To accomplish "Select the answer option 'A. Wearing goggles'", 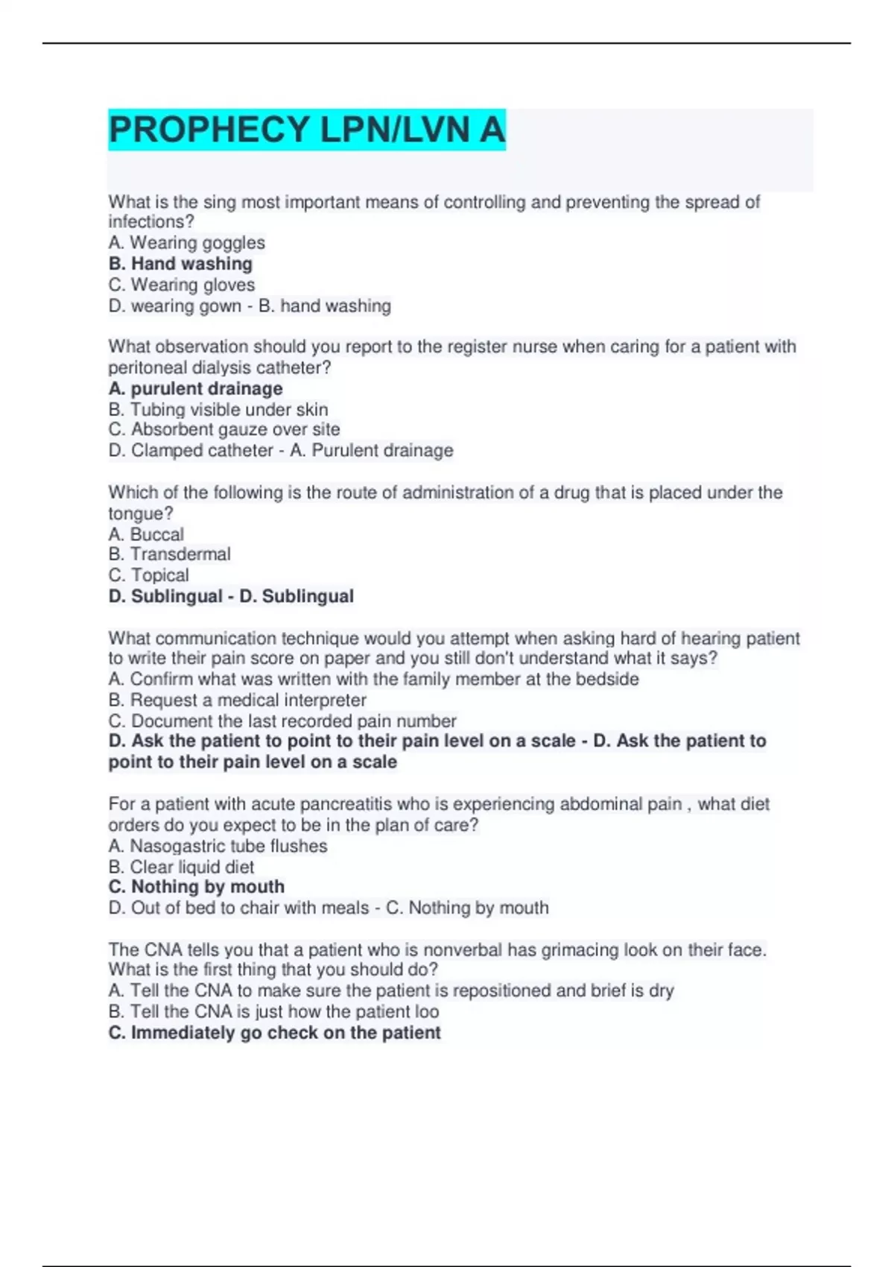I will (x=186, y=243).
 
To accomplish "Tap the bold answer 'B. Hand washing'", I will (x=180, y=264).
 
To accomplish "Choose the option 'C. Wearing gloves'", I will (x=181, y=285).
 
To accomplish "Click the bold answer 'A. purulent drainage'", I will (x=195, y=388).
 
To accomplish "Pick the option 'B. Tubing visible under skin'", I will (x=218, y=409).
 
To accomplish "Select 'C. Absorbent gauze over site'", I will (x=223, y=429).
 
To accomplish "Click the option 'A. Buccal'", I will (x=146, y=534).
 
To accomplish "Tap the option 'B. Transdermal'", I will (x=169, y=554).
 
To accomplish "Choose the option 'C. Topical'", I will (x=148, y=575).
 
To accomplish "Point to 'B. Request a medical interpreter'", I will (x=237, y=700).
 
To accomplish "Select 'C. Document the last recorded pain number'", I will (x=282, y=721).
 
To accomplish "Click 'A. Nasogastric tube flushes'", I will (x=218, y=846).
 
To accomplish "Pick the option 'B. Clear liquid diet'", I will (x=181, y=867).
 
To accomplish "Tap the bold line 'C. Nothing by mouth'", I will (x=196, y=887).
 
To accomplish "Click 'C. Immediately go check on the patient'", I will (x=274, y=1033).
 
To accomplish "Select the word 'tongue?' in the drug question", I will (x=141, y=514).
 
